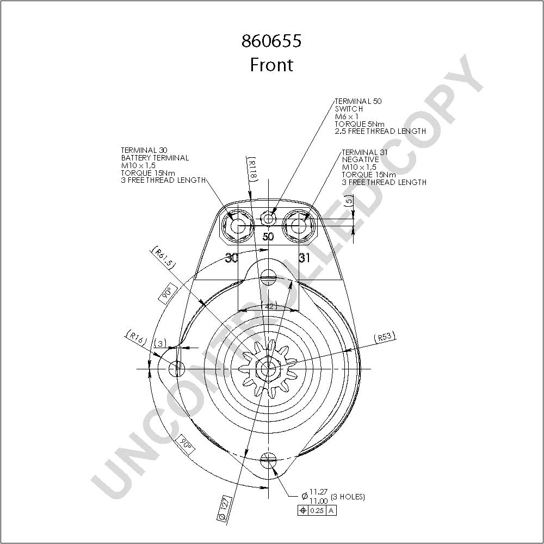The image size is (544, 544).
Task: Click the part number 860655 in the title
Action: pos(271,41)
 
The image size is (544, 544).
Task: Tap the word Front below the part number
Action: pos(271,65)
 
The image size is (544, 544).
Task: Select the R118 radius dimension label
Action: pos(252,169)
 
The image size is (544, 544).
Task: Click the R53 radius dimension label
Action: pos(385,337)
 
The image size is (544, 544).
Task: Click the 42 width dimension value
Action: pos(269,306)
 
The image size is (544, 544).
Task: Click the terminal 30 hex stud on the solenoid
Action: pos(238,227)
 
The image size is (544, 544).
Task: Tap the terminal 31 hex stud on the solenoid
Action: pos(298,227)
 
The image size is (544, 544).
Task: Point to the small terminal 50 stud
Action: pos(268,219)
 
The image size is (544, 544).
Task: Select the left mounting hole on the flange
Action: pos(177,368)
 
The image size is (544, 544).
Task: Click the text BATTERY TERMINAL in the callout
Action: pos(155,158)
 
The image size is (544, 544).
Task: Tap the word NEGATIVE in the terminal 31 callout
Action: pos(361,159)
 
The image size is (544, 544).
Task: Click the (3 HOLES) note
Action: pos(348,497)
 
